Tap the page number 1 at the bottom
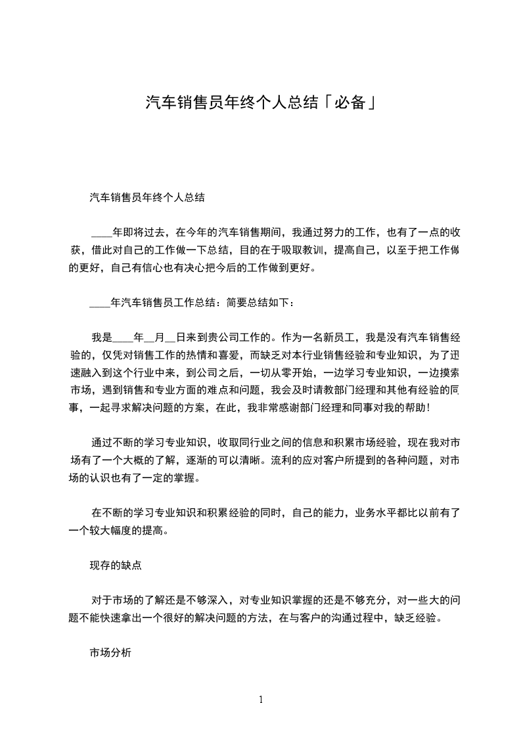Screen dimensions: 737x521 261,700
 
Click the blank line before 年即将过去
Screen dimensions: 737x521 101,233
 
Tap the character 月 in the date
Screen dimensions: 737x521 159,338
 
